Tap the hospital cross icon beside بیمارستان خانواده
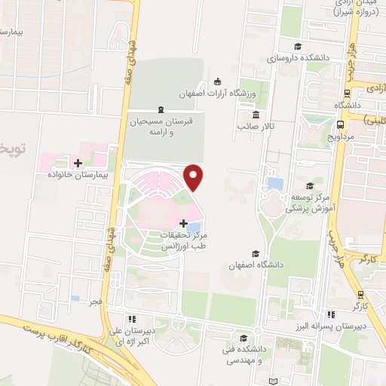click(x=78, y=163)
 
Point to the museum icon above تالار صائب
click(x=256, y=115)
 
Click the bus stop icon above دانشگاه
click(x=346, y=94)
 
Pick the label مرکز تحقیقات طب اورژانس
click(x=184, y=240)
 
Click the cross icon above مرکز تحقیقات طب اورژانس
click(x=185, y=224)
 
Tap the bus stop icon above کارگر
click(x=360, y=294)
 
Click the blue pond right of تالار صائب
click(x=276, y=183)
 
